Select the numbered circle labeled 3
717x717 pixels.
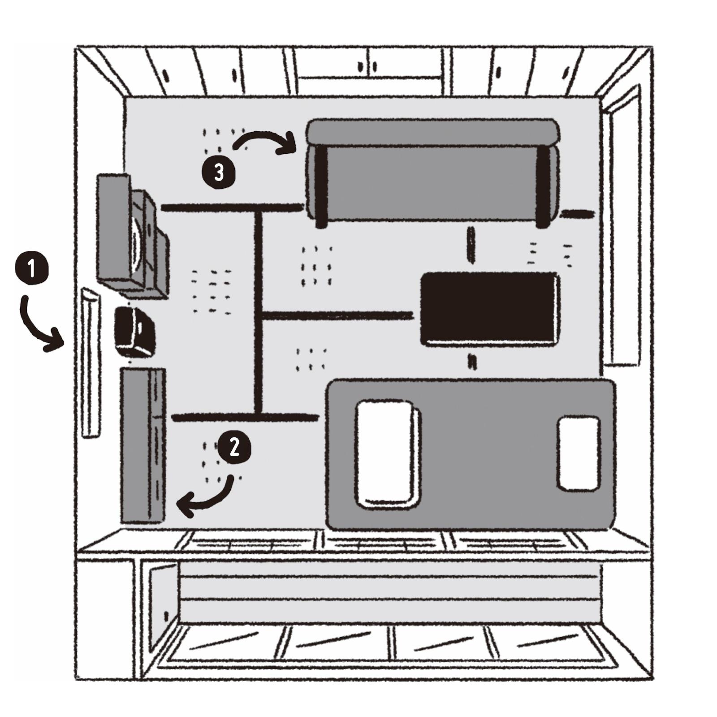(219, 172)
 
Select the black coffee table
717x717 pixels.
(490, 309)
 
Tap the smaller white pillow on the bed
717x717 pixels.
(579, 453)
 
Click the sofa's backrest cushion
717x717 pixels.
(433, 131)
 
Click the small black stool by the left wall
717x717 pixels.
(134, 332)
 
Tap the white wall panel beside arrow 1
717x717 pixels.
(91, 363)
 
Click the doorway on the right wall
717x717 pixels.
(621, 233)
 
